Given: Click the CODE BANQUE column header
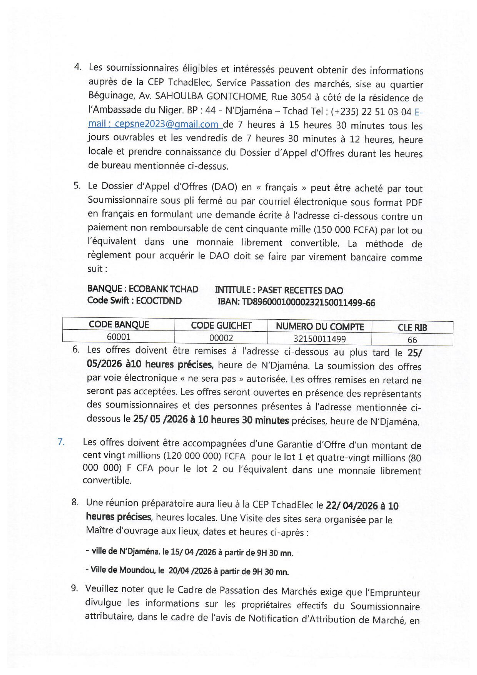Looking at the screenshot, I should coord(119,325).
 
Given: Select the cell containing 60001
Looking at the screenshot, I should coord(119,337).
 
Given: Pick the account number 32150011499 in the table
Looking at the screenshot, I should coord(319,339).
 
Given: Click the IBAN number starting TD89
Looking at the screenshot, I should coord(308,303).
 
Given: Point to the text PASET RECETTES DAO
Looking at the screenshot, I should coord(300,290).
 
